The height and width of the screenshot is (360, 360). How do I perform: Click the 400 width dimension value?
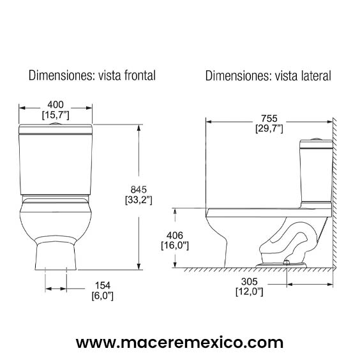pyautogui.click(x=56, y=104)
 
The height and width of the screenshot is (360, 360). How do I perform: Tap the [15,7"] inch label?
pyautogui.click(x=56, y=116)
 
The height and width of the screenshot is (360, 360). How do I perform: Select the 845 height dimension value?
pyautogui.click(x=139, y=189)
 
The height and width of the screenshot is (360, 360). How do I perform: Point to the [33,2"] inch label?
pyautogui.click(x=139, y=200)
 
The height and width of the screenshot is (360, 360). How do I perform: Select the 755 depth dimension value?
pyautogui.click(x=269, y=118)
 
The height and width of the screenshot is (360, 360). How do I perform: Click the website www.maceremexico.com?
pyautogui.click(x=179, y=342)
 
